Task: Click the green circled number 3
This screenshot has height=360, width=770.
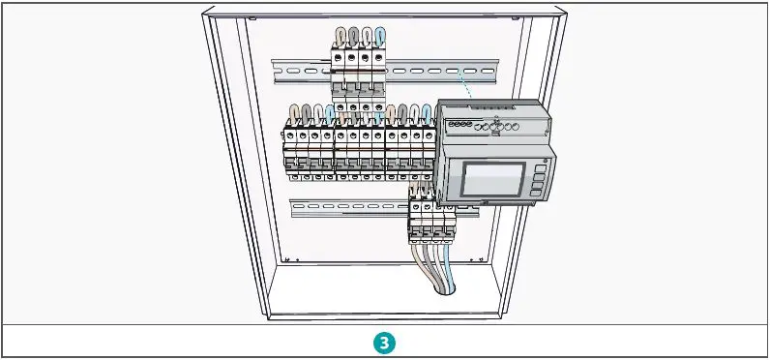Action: coord(385,343)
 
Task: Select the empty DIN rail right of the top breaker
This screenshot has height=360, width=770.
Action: coord(435,71)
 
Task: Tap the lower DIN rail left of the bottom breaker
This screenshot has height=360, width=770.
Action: coord(348,208)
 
